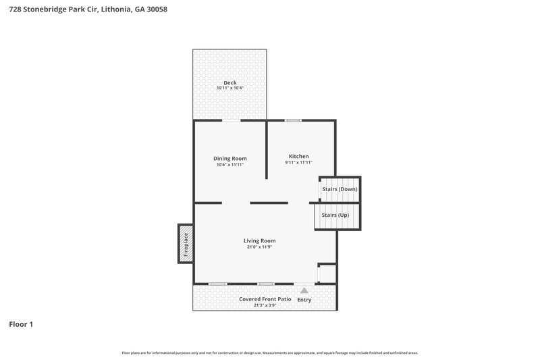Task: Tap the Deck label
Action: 230,82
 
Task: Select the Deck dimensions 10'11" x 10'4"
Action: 230,88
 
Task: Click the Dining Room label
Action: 230,158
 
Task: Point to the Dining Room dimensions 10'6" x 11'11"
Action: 230,165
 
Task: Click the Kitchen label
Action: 298,156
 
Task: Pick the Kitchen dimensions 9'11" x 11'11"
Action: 298,163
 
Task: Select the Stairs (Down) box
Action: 340,189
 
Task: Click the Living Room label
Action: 259,240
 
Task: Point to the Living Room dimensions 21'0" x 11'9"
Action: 259,247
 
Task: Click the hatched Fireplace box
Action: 186,242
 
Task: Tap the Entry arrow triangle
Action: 304,290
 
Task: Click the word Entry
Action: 304,299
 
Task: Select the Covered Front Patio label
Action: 265,299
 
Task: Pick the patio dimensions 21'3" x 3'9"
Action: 265,305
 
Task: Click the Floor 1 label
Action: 21,324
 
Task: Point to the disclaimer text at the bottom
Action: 270,353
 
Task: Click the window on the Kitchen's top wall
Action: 292,121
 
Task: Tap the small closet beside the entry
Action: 326,274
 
